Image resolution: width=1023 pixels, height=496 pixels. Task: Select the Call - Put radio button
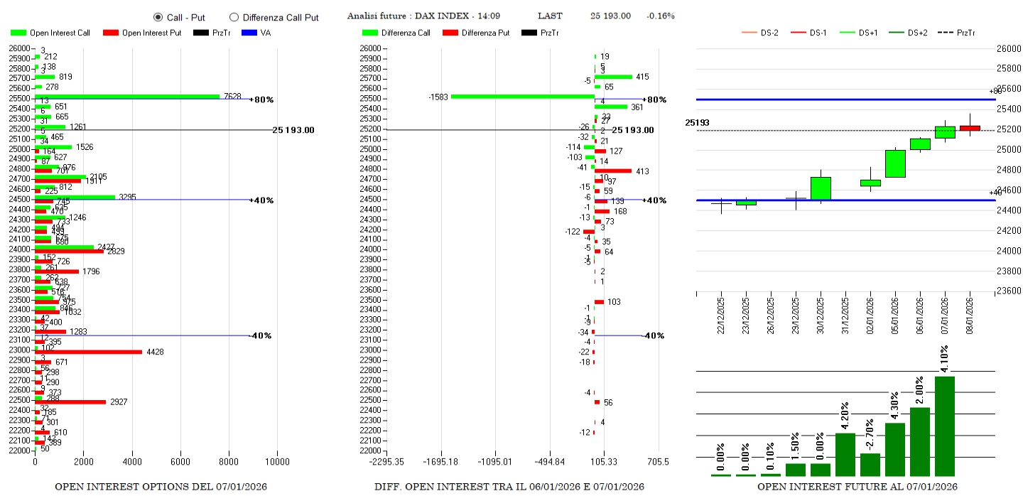coord(158,17)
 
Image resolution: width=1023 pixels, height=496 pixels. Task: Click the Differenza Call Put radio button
coord(234,17)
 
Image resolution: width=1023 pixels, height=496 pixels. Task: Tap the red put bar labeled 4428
coord(88,352)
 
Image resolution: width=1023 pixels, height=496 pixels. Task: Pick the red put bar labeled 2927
coord(70,402)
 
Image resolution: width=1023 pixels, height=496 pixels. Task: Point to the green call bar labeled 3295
coord(75,197)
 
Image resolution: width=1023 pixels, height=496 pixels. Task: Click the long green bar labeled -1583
coord(523,97)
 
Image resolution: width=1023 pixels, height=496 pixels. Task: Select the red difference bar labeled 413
coord(613,171)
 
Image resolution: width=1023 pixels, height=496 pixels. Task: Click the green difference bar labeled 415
coord(613,77)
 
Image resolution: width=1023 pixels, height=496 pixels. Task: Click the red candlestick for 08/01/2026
coord(970,128)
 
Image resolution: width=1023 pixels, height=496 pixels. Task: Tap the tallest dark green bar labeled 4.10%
coord(944,426)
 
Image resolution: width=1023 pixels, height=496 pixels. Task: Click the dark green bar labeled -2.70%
coord(870,465)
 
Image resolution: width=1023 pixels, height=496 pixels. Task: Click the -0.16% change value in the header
coord(660,16)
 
